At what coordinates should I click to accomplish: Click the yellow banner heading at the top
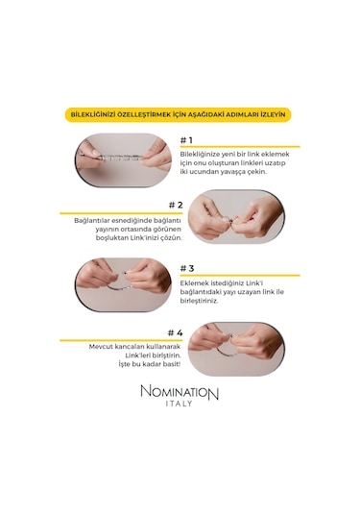(178, 114)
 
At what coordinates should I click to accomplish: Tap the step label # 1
(186, 140)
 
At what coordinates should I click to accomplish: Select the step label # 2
(176, 206)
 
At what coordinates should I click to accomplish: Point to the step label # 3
(187, 268)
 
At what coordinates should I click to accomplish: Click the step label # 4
(176, 333)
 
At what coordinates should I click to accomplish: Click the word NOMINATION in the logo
(180, 392)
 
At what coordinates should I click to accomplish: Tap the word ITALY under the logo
(179, 404)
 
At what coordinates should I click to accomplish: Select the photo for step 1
(123, 160)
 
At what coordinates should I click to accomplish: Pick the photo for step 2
(236, 217)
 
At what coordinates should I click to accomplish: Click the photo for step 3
(123, 284)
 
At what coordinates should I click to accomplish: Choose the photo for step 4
(236, 349)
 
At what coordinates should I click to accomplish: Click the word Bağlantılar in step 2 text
(91, 221)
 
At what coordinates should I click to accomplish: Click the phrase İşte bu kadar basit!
(150, 364)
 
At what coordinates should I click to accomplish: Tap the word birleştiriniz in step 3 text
(199, 301)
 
